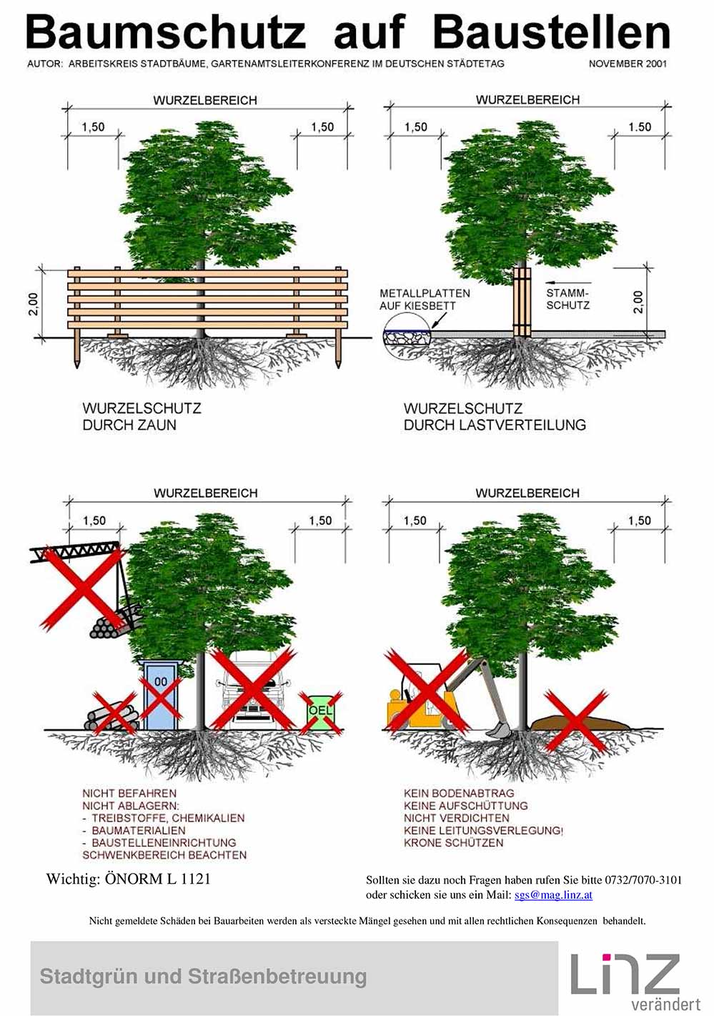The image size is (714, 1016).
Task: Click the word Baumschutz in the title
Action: [x=166, y=33]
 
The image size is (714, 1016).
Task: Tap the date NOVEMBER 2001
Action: [x=628, y=64]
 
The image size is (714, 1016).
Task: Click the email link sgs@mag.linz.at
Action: [x=553, y=894]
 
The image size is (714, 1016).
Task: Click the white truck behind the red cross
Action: [x=254, y=690]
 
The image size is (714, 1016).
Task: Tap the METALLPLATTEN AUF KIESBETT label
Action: [x=425, y=300]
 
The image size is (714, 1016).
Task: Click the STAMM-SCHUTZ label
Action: [x=568, y=299]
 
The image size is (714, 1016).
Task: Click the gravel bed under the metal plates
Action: [x=405, y=337]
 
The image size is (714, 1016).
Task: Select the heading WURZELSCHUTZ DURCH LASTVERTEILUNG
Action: [x=494, y=417]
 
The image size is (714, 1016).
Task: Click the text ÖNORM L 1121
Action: [x=157, y=879]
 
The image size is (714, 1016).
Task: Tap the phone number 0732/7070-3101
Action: [x=643, y=880]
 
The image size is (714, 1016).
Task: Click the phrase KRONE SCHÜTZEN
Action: [x=453, y=843]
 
